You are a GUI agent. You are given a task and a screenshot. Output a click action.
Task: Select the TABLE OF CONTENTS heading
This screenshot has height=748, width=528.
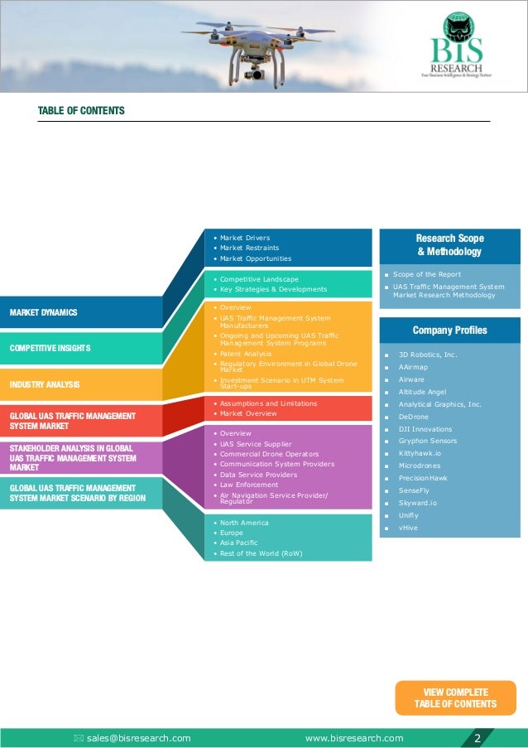tap(81, 111)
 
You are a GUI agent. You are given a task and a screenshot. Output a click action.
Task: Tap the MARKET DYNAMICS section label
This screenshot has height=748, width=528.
tap(43, 312)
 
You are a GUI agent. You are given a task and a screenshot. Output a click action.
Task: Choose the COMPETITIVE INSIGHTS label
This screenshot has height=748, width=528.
tap(50, 348)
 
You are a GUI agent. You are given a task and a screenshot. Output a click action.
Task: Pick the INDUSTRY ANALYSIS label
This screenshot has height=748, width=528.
tap(45, 384)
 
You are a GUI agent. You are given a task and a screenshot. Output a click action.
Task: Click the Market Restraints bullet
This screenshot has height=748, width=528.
tap(249, 248)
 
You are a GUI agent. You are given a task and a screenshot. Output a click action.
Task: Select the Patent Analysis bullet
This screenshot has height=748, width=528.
tap(246, 354)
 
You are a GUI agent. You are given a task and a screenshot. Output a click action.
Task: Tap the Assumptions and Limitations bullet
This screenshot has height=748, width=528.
tap(268, 403)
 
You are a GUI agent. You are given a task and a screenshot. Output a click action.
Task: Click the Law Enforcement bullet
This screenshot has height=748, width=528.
tap(249, 485)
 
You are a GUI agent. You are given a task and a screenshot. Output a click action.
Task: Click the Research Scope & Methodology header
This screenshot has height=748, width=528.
tap(449, 244)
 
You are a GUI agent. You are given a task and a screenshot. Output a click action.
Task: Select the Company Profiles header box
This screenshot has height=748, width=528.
tap(449, 331)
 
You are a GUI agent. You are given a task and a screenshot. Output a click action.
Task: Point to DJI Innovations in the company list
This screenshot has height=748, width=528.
tap(425, 429)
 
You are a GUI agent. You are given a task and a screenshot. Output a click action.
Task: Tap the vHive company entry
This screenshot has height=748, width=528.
tap(408, 528)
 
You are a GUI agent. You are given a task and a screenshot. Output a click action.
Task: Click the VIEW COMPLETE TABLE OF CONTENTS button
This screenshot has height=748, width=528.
tap(455, 698)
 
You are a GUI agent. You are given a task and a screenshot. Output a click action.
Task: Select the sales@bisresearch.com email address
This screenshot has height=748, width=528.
tap(138, 738)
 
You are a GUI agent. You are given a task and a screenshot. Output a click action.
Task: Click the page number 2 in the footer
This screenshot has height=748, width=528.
tap(478, 738)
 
